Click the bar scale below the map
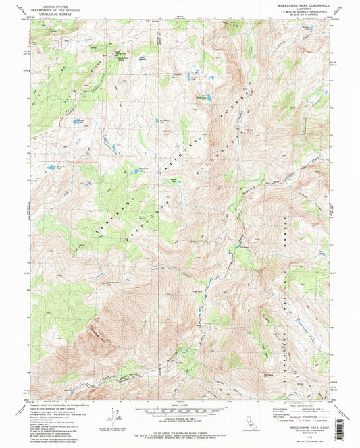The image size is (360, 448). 180,409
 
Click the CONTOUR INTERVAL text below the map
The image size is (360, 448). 180,418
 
